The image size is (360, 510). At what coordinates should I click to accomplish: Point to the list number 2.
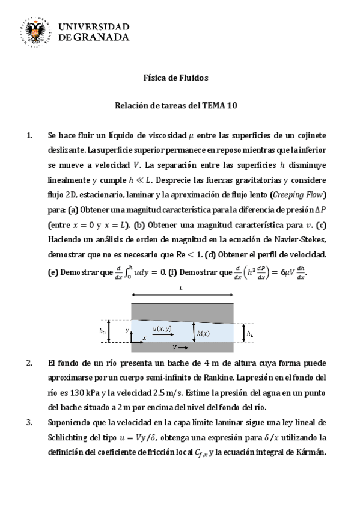(x=31, y=364)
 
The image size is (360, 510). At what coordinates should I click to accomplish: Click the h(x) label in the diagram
(x=203, y=333)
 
